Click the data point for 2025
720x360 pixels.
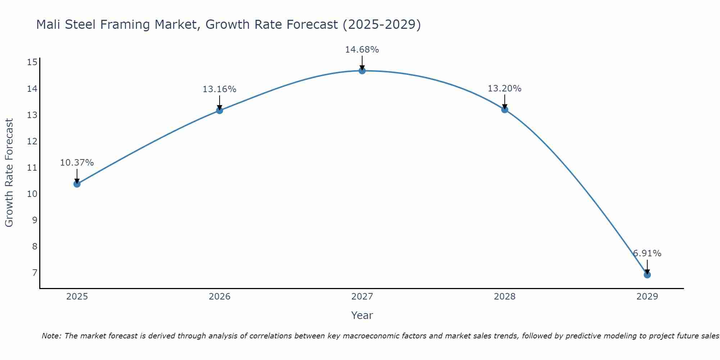(x=77, y=184)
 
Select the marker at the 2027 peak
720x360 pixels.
(x=362, y=71)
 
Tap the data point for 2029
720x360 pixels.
(x=647, y=275)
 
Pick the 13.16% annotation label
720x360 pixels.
(x=219, y=89)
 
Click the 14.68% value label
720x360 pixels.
(x=362, y=50)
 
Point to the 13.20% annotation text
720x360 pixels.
(x=504, y=88)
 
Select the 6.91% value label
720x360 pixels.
(x=647, y=253)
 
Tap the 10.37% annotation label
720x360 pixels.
(x=77, y=162)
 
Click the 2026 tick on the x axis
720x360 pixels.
(x=219, y=297)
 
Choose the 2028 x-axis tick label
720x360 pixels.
(x=504, y=297)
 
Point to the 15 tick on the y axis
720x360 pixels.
(x=32, y=62)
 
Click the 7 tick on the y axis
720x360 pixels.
(x=35, y=273)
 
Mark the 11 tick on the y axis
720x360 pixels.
(x=32, y=167)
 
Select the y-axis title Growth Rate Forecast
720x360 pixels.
(x=9, y=172)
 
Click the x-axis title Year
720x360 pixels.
(x=362, y=315)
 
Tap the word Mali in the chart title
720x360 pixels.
(x=49, y=24)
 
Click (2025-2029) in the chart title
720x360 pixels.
(x=382, y=24)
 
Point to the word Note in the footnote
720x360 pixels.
(x=51, y=336)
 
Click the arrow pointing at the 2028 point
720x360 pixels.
(x=504, y=102)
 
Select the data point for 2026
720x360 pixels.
(x=219, y=110)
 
